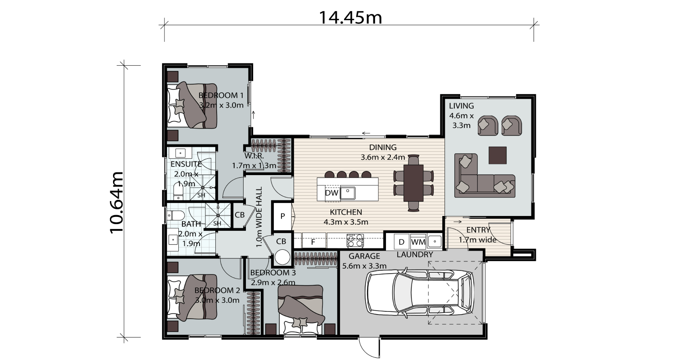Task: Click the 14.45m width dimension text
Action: pos(350,18)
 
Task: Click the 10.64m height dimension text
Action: pos(117,202)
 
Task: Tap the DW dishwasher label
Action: pos(331,193)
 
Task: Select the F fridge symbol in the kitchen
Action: pos(313,242)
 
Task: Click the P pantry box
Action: pos(283,216)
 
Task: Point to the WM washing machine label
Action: pos(418,242)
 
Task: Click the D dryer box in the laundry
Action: pos(401,242)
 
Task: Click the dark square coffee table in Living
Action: pos(497,155)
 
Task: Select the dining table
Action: pos(413,183)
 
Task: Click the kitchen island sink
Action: pos(348,193)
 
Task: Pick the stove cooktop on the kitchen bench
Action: pos(355,240)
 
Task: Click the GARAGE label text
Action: pos(364,256)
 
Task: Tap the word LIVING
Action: pos(461,106)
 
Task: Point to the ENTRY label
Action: pos(478,230)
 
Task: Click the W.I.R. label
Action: pos(254,155)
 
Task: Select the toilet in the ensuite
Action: pos(178,191)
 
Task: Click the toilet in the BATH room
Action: pos(176,215)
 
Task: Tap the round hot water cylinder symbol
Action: pos(282,257)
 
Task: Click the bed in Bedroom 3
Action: pos(301,310)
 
